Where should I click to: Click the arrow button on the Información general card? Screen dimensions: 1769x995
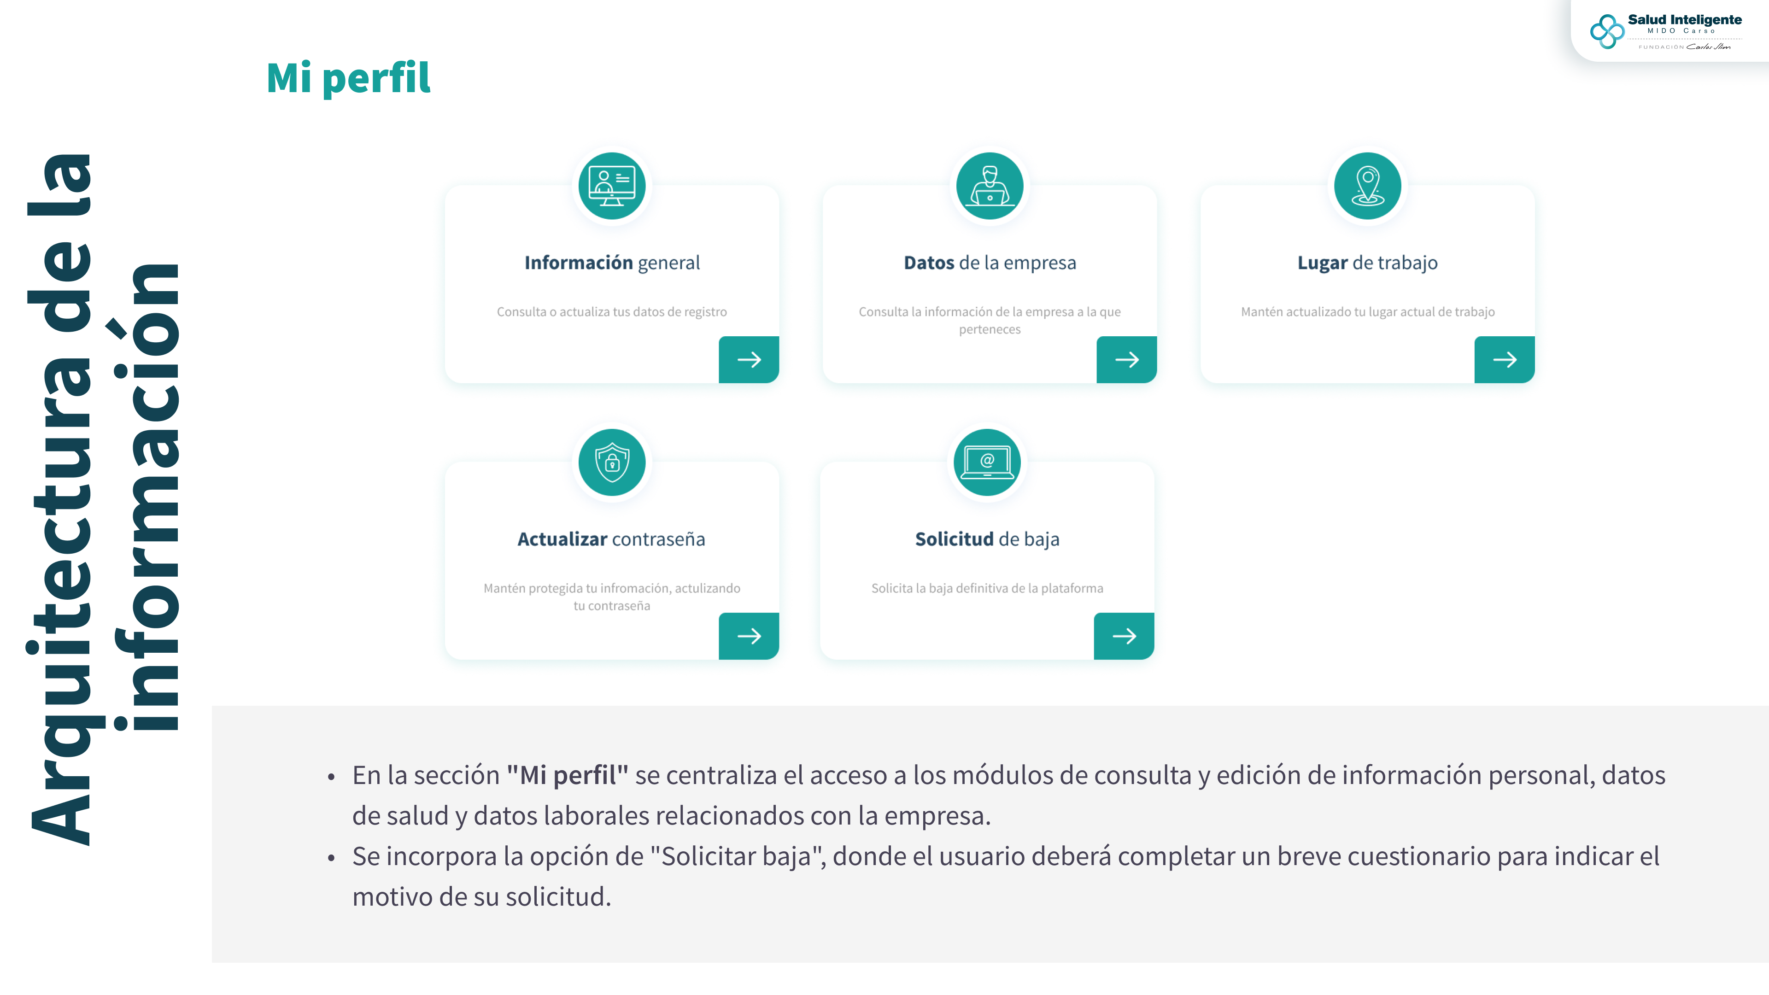(749, 360)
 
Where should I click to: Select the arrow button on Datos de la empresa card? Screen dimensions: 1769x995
(1126, 360)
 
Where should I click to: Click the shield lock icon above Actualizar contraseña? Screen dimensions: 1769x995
(612, 462)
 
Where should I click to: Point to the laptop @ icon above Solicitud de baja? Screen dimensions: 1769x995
(987, 462)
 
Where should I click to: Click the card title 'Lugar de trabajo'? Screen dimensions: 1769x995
(1367, 263)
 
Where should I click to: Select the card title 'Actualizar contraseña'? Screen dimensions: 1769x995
(611, 539)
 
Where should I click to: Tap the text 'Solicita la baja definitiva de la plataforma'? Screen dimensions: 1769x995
(987, 589)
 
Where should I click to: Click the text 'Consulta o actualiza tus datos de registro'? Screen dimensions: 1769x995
(612, 312)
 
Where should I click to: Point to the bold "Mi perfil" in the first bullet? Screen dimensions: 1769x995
(567, 775)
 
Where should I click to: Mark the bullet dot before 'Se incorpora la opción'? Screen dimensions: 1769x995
(331, 858)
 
